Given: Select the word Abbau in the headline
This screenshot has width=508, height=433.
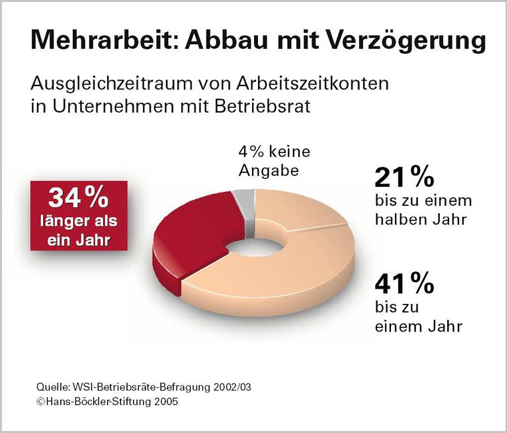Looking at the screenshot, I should [x=222, y=40].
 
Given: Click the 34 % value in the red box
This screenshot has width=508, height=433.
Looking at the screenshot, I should [x=77, y=197].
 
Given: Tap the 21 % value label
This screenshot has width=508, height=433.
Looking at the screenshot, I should [x=403, y=177].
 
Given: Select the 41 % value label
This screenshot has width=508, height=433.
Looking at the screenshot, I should [x=403, y=284].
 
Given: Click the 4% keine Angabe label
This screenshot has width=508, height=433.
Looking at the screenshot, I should [x=273, y=161].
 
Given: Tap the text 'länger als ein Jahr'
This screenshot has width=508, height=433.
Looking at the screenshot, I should [x=77, y=228].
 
